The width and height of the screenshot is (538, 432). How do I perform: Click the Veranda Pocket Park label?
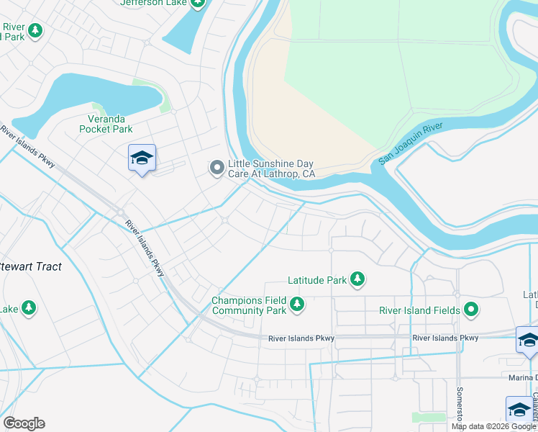click(x=106, y=124)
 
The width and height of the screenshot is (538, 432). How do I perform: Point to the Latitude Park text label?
click(x=316, y=279)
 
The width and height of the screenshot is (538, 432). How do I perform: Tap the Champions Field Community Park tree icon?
click(x=296, y=306)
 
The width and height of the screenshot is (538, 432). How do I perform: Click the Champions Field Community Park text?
click(x=249, y=306)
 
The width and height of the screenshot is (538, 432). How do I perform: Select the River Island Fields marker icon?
click(x=471, y=310)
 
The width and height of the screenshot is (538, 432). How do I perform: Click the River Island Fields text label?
click(x=420, y=311)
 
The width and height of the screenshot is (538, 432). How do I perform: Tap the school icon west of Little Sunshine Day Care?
click(x=142, y=158)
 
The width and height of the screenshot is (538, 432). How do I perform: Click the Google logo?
click(x=24, y=423)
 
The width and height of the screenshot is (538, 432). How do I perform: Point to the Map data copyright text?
click(x=493, y=426)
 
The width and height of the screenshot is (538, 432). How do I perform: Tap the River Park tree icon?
click(x=34, y=31)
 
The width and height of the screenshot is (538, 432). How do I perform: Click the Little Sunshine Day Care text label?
click(x=271, y=168)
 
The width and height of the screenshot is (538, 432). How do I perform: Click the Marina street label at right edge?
click(x=523, y=378)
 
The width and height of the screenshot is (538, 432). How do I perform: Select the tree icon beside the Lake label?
click(x=28, y=309)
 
